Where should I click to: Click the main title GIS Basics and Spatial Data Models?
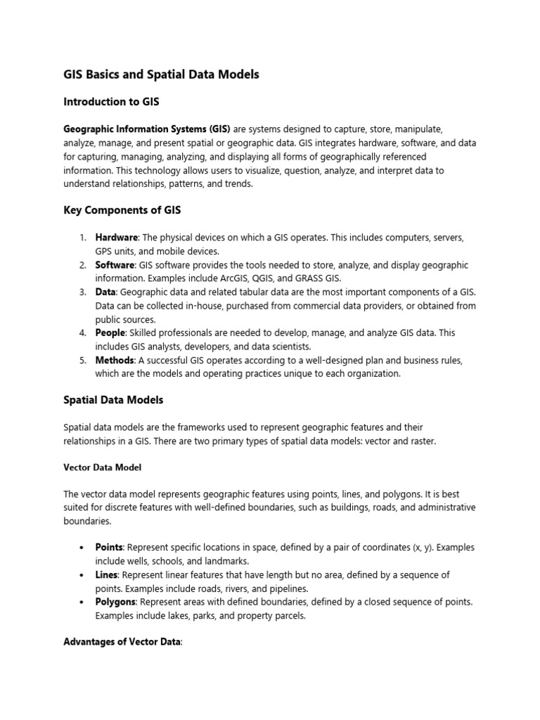(x=161, y=74)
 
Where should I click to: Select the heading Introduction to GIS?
(x=111, y=102)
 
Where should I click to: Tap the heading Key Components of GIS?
(x=123, y=211)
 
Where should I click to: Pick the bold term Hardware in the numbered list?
(x=116, y=238)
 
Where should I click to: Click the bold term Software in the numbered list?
(x=115, y=265)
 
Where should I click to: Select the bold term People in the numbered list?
(x=110, y=333)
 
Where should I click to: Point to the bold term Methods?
(x=114, y=360)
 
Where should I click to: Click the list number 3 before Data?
(x=82, y=292)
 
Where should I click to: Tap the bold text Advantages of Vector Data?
(x=122, y=642)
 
